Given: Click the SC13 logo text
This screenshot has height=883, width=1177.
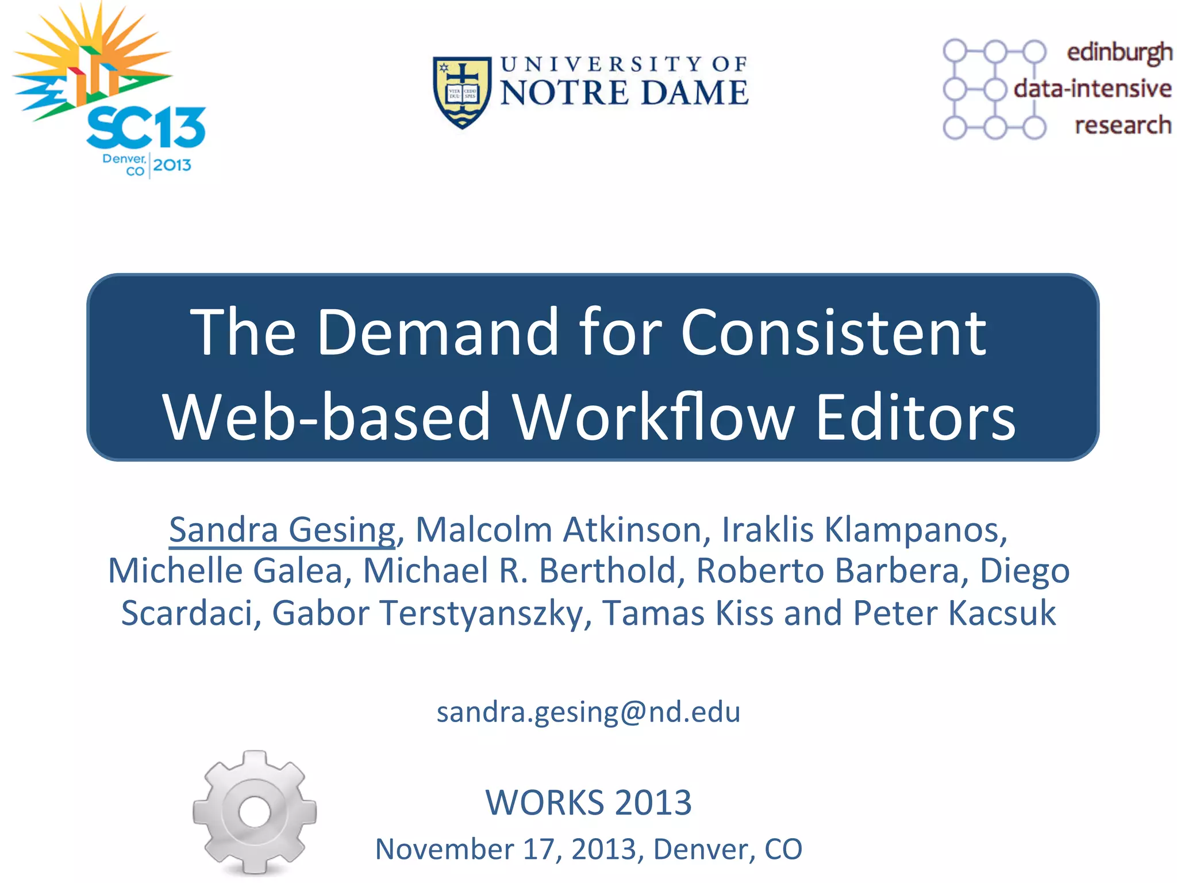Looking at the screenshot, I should point(146,128).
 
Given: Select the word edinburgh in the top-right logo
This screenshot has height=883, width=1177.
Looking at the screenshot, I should point(1119,52).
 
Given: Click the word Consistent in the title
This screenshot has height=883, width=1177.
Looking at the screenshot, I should point(833,332).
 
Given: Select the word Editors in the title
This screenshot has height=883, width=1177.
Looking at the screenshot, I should point(916,417).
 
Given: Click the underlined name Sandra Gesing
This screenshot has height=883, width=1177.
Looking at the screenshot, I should point(282,529).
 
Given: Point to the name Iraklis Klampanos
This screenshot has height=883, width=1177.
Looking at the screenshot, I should point(864,529).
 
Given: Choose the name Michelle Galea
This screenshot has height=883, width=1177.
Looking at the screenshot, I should point(226,571).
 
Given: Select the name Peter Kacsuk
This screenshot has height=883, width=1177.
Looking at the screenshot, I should point(954,613).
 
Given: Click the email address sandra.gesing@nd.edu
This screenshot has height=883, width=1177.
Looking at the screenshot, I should point(588,712).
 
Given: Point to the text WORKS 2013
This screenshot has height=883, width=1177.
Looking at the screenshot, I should point(588,803).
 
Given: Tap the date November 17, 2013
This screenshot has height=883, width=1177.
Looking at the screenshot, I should point(506,849).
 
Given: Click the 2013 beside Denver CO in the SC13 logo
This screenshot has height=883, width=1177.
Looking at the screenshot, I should point(172,166).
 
